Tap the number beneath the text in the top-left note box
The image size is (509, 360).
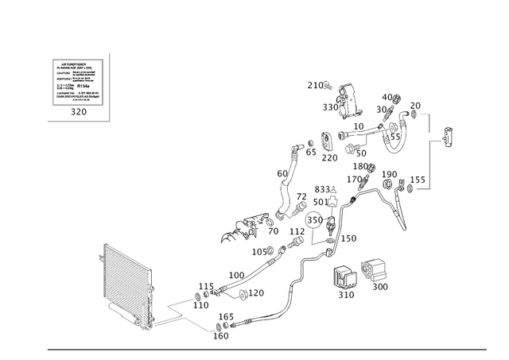click(x=78, y=113)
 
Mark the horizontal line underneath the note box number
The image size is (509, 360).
click(x=78, y=122)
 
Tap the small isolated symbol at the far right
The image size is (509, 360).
click(x=447, y=139)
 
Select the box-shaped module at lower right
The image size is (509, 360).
click(x=374, y=273)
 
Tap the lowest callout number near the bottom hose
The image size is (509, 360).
click(x=223, y=336)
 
